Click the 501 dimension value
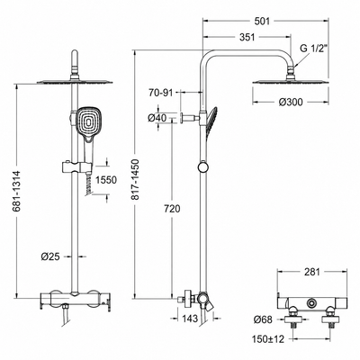(x=262, y=22)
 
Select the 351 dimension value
(x=247, y=37)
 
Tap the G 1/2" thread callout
(x=313, y=48)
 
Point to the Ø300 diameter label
(x=291, y=103)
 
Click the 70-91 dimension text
(x=161, y=93)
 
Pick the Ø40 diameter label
(x=157, y=118)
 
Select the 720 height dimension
(x=172, y=209)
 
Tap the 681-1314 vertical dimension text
(x=17, y=191)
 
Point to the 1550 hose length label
(x=106, y=180)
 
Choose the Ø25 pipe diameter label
(x=50, y=256)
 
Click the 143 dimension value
(x=190, y=319)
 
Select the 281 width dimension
(x=312, y=272)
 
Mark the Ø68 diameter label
(x=263, y=319)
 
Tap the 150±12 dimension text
(x=268, y=339)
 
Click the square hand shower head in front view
(x=89, y=121)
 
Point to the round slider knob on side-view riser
(x=203, y=166)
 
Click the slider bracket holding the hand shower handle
(x=76, y=166)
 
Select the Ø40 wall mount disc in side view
(x=183, y=118)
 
